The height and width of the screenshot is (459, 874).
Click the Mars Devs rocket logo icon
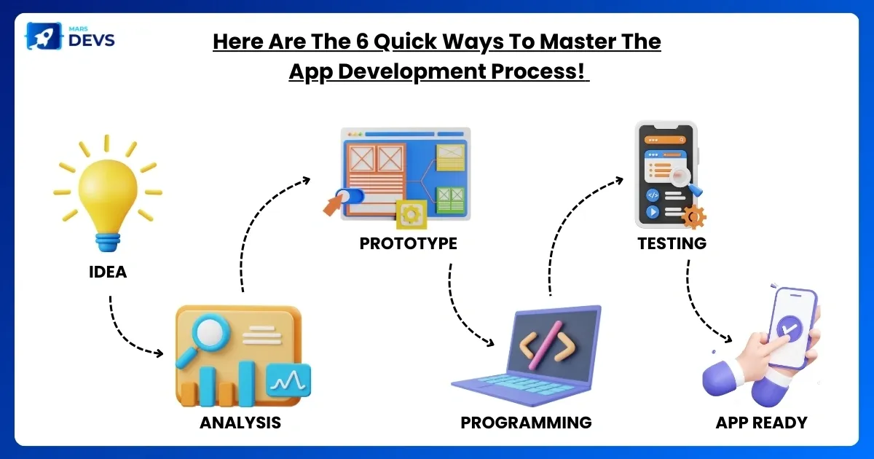[44, 36]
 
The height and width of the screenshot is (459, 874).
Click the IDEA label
[108, 272]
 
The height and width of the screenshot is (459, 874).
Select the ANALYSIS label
[240, 423]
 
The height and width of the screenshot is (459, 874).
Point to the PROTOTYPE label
[408, 243]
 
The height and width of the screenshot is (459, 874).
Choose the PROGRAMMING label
[526, 423]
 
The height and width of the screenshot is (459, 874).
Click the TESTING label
[672, 243]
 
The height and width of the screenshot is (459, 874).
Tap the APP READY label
[761, 423]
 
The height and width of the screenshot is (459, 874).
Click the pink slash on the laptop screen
[545, 345]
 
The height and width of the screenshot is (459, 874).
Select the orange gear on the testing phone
[693, 217]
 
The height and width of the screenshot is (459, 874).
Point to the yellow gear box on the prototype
[412, 214]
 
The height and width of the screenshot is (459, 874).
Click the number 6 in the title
[362, 42]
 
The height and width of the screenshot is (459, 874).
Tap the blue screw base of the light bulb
[108, 242]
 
